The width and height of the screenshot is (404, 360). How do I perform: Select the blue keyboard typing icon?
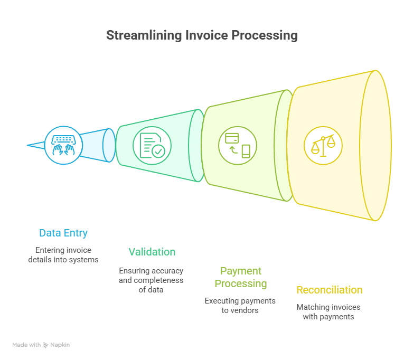(x=63, y=144)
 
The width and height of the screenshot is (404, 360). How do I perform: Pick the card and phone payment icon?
(x=238, y=145)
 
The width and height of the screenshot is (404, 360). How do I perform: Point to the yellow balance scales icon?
(x=323, y=145)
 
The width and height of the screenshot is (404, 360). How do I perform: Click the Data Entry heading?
(x=63, y=233)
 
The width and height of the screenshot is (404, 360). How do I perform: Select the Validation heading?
(x=152, y=252)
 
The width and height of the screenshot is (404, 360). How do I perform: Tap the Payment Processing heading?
(x=241, y=277)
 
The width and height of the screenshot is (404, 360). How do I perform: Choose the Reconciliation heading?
(x=330, y=290)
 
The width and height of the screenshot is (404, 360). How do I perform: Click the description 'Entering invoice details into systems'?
(x=63, y=254)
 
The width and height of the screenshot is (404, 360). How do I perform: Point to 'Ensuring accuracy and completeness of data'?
(x=151, y=280)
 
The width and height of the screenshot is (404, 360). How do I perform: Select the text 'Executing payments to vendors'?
(x=240, y=305)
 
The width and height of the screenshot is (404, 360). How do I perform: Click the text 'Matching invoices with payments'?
(x=328, y=311)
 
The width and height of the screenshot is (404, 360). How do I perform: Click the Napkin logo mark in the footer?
(x=46, y=345)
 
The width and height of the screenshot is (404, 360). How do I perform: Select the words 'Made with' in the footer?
(x=26, y=345)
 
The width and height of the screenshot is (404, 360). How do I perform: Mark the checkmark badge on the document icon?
(x=158, y=151)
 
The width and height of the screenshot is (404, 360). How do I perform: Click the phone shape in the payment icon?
(x=246, y=151)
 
